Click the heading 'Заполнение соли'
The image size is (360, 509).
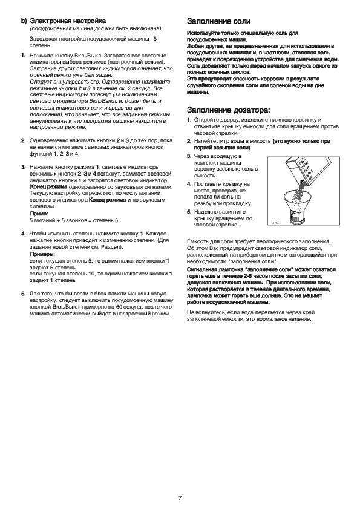[x=219, y=21]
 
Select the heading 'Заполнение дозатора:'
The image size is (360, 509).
[x=229, y=109]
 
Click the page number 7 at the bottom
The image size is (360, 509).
[x=180, y=498]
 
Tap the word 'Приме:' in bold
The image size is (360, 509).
[x=39, y=214]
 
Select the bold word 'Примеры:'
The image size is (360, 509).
[x=42, y=254]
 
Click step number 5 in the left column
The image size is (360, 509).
[x=24, y=294]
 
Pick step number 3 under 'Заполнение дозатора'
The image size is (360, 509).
[x=189, y=156]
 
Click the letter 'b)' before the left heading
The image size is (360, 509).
[x=24, y=21]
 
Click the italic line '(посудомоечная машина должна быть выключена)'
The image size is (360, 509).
[x=96, y=28]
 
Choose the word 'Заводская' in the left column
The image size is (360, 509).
[x=41, y=39]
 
